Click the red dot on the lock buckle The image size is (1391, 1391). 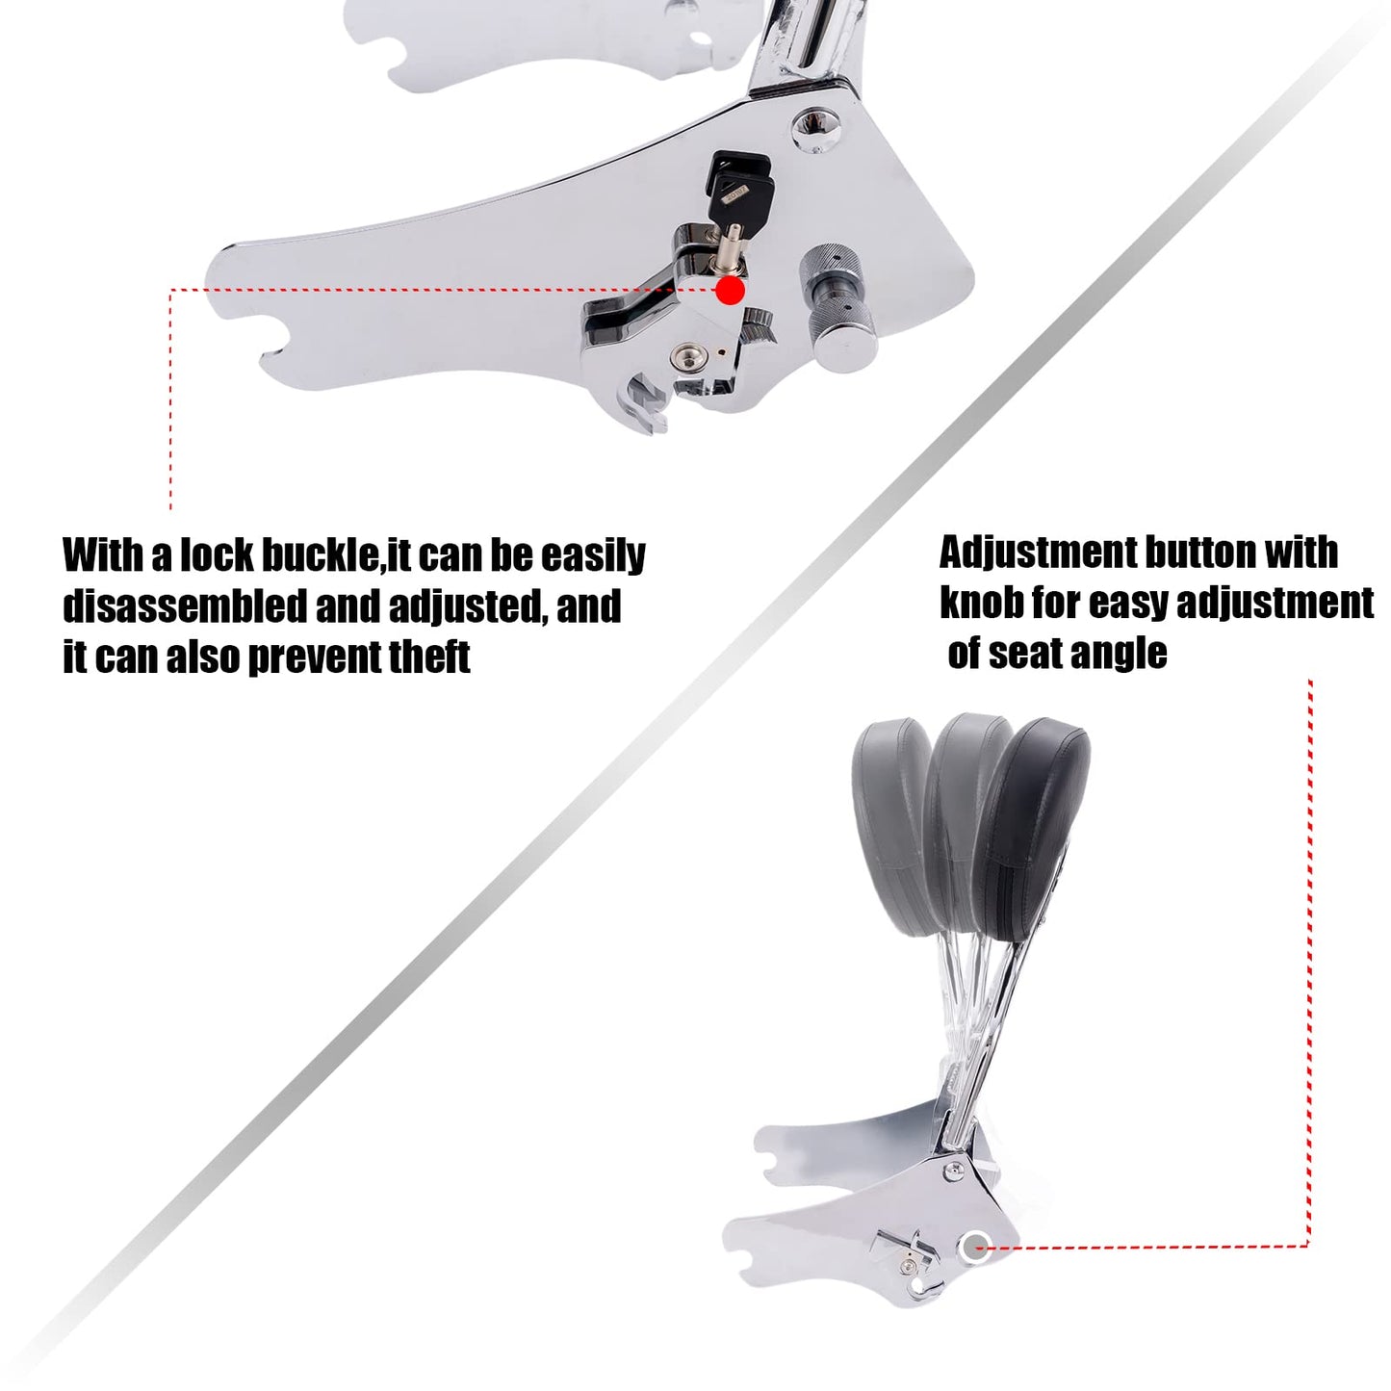pyautogui.click(x=732, y=290)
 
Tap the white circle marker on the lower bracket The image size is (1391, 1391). pyautogui.click(x=973, y=1247)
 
